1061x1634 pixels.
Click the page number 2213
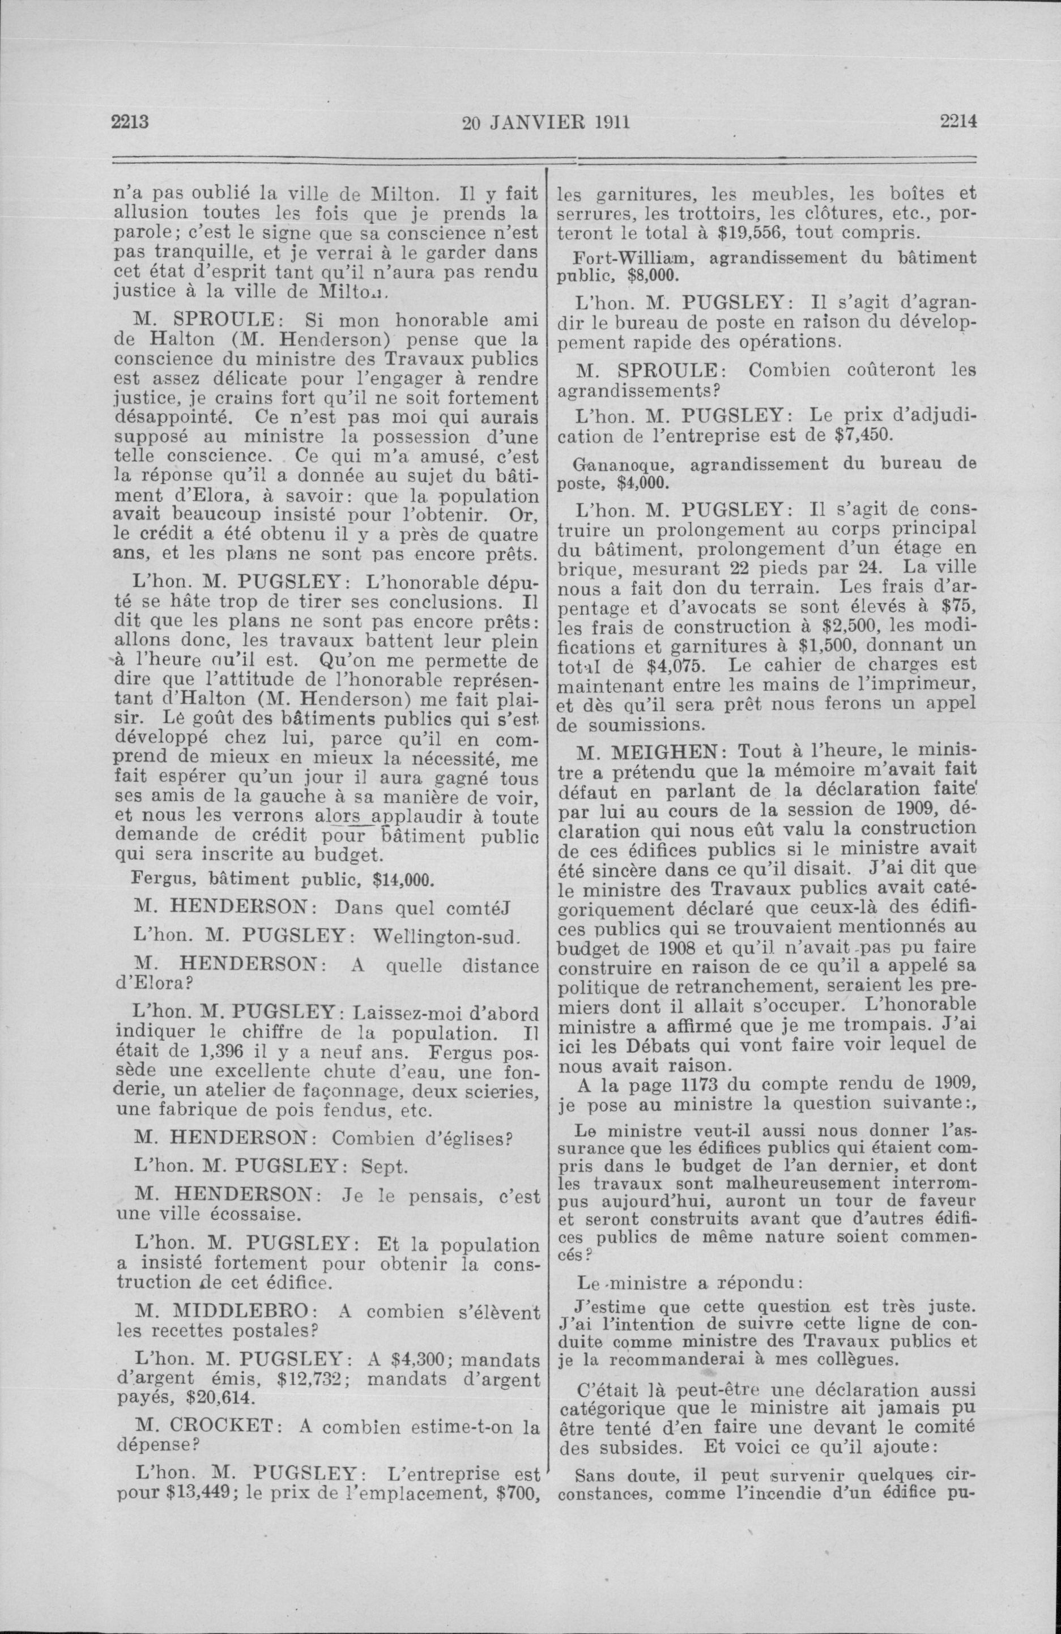coord(130,123)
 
